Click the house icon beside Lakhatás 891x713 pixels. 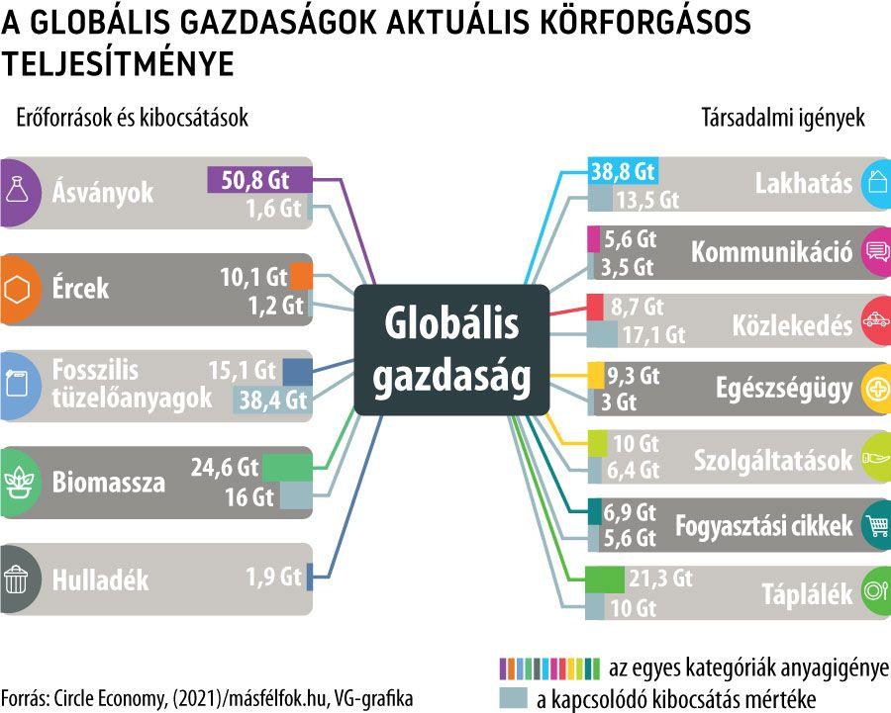pyautogui.click(x=875, y=183)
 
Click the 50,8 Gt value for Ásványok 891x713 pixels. pyautogui.click(x=255, y=181)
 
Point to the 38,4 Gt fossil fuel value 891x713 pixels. pyautogui.click(x=270, y=400)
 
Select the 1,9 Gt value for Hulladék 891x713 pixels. pyautogui.click(x=273, y=576)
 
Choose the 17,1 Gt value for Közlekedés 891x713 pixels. pyautogui.click(x=653, y=335)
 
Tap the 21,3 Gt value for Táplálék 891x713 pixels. pyautogui.click(x=659, y=579)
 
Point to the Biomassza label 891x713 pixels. pyautogui.click(x=109, y=484)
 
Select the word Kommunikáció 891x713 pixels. pyautogui.click(x=771, y=252)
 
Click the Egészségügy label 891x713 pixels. pyautogui.click(x=783, y=389)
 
